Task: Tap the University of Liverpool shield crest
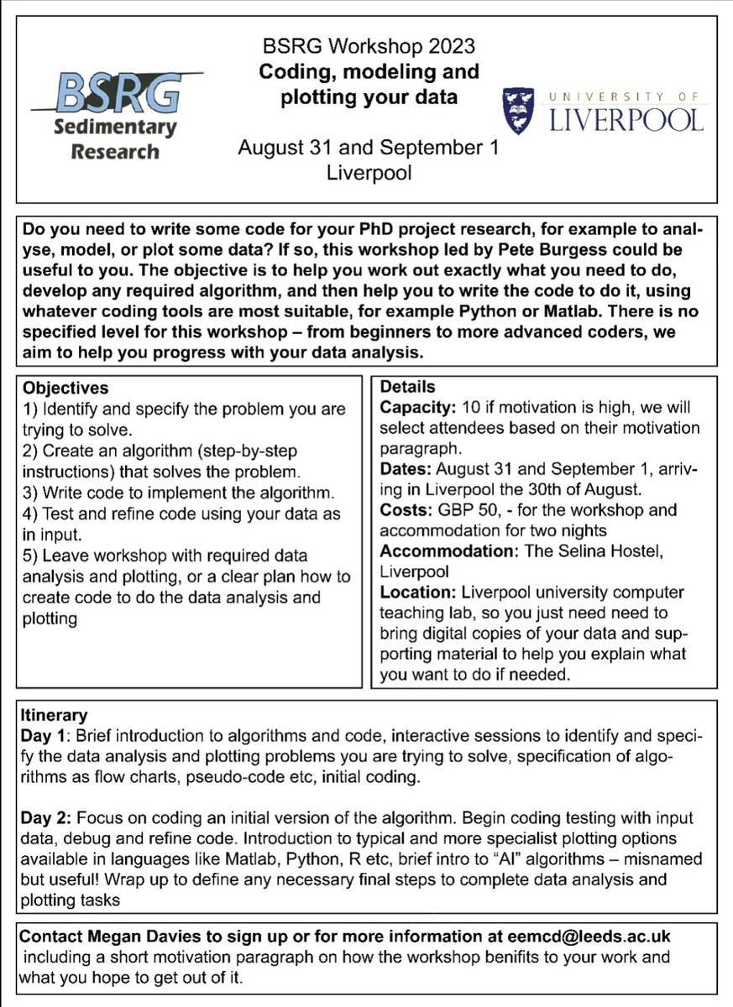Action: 517,111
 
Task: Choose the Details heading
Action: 407,387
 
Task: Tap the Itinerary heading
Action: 53,715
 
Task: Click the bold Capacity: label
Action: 416,408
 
